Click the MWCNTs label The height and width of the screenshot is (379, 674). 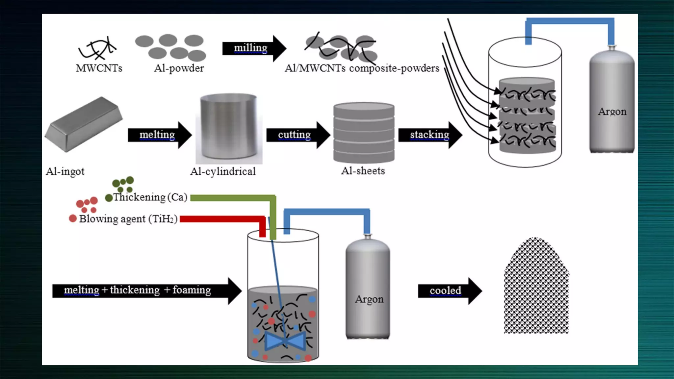(x=99, y=68)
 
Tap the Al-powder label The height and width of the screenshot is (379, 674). (x=179, y=68)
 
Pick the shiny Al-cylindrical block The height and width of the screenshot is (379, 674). (x=228, y=127)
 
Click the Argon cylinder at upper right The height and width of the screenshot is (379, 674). (x=612, y=102)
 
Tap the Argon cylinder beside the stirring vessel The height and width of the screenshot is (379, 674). (x=368, y=290)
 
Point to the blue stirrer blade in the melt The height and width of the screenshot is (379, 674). (x=285, y=341)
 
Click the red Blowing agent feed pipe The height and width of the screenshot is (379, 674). (x=224, y=219)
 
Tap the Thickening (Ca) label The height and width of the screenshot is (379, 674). (x=150, y=197)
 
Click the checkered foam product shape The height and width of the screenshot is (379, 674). (x=536, y=290)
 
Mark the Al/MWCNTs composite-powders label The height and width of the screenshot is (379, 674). (x=362, y=68)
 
